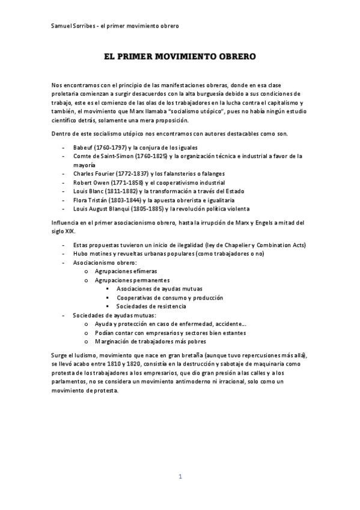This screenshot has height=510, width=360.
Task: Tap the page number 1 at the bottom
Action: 180,476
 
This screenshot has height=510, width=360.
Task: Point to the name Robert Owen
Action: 90,182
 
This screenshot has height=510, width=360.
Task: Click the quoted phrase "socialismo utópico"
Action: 195,111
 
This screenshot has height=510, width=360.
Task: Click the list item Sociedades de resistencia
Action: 151,306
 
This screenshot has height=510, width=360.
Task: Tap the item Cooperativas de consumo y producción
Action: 169,297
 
